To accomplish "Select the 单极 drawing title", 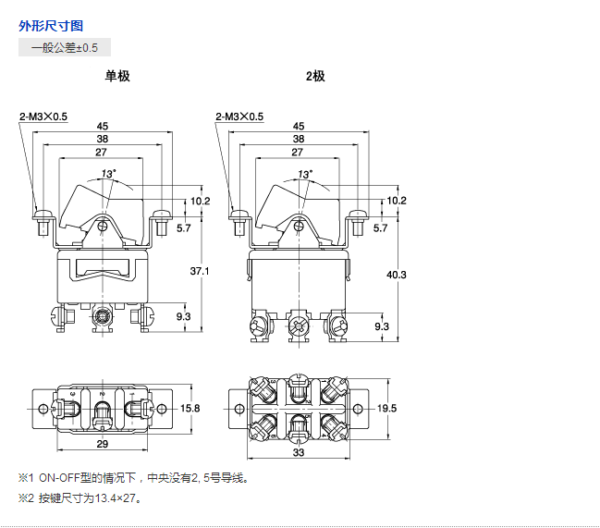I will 117,76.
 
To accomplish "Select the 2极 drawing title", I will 315,76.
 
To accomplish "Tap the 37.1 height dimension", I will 200,271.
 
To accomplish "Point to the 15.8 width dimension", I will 190,408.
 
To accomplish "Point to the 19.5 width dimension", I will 387,408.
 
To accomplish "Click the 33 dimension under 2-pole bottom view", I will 299,454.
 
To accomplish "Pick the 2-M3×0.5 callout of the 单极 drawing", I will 43,117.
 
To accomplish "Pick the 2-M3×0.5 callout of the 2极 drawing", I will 239,117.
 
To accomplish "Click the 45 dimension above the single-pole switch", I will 102,126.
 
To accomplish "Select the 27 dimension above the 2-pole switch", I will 298,152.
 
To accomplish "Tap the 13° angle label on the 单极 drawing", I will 109,174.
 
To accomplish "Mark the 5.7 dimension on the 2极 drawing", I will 380,227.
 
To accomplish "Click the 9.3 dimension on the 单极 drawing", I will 183,316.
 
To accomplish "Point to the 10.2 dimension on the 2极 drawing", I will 397,201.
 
